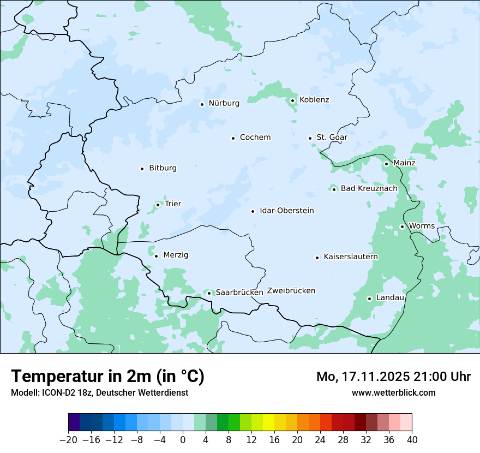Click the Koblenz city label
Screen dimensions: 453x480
click(x=314, y=100)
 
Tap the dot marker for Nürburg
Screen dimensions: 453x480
click(x=202, y=104)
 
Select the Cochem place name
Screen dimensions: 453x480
click(x=255, y=138)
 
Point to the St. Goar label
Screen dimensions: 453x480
click(x=332, y=138)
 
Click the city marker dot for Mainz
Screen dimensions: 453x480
click(x=386, y=164)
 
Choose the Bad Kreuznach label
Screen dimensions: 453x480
click(x=369, y=189)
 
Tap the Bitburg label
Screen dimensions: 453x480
click(x=163, y=168)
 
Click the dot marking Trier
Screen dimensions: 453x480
click(x=158, y=205)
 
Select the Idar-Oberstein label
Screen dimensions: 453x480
click(x=286, y=211)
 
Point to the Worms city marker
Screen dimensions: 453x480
click(x=402, y=226)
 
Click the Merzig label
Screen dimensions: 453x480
click(x=176, y=255)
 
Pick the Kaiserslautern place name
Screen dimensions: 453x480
click(x=350, y=257)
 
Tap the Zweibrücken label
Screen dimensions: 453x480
click(x=291, y=291)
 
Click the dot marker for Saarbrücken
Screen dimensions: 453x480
click(x=209, y=293)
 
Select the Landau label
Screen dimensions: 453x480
click(x=390, y=298)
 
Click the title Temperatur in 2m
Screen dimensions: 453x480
click(x=107, y=377)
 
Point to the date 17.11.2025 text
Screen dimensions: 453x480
click(x=375, y=377)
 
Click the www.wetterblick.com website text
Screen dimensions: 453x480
click(x=393, y=393)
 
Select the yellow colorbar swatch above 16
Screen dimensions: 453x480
click(x=268, y=422)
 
